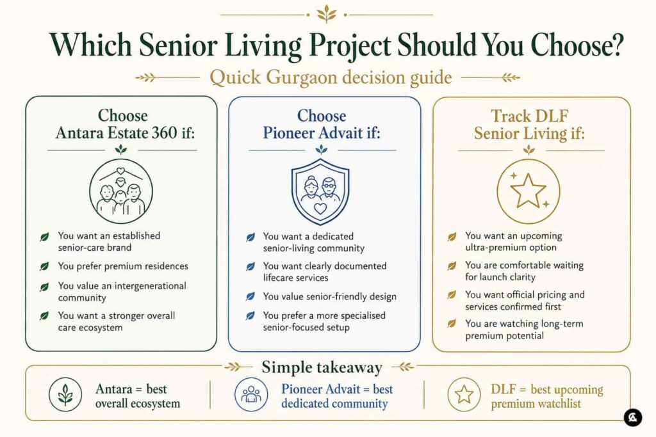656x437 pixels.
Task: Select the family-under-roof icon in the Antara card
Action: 121,191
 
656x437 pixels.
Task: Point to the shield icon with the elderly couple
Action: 320,192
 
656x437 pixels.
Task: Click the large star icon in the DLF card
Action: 528,191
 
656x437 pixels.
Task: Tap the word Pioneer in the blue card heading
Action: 290,133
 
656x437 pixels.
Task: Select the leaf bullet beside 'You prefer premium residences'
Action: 44,266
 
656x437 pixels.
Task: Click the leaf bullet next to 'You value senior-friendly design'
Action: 250,297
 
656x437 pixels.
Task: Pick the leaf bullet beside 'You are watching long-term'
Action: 452,323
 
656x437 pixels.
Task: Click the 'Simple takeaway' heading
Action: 322,368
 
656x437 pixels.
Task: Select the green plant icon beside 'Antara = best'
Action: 65,394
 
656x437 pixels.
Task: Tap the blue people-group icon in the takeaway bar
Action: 251,394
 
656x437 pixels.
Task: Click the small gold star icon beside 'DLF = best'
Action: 464,394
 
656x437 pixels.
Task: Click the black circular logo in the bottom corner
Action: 632,417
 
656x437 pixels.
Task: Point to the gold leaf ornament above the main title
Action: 326,14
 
